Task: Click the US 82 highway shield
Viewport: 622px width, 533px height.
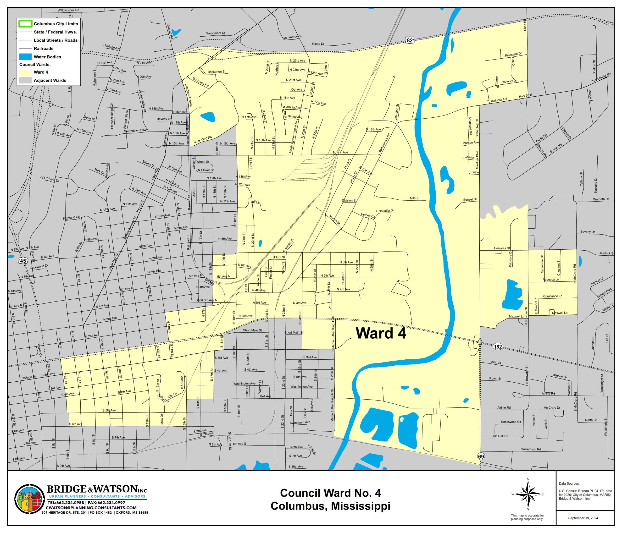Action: point(410,40)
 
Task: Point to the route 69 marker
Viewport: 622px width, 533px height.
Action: point(481,456)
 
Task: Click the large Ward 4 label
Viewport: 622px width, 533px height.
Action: point(381,333)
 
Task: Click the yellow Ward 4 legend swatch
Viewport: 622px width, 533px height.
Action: point(25,72)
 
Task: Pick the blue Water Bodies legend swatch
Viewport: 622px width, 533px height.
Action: point(25,57)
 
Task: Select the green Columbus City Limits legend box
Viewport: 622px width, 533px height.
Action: point(25,24)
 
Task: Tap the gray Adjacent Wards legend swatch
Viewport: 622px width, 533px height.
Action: point(25,80)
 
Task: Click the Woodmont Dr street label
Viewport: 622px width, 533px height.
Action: point(216,33)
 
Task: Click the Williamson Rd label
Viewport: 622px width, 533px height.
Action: point(531,449)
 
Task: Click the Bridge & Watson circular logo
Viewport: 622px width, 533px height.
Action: point(29,499)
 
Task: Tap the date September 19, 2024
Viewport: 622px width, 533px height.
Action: point(583,518)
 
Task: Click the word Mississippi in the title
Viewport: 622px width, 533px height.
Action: point(361,506)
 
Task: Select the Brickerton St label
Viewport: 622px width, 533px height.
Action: point(217,72)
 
